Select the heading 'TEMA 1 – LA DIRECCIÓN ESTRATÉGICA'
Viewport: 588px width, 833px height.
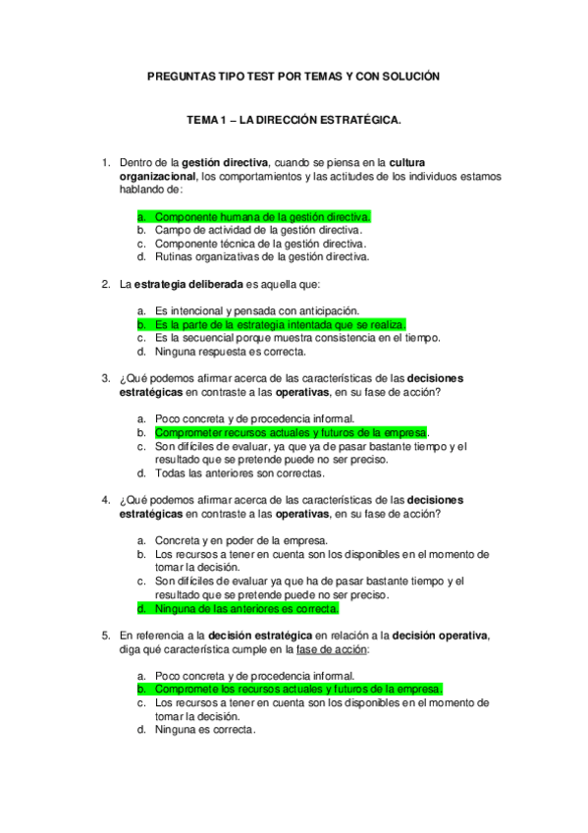coord(294,120)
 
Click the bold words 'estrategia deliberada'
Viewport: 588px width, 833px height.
coord(181,285)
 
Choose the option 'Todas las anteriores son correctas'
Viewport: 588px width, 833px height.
coord(240,472)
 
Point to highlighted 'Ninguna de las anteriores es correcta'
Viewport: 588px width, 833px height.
coord(246,609)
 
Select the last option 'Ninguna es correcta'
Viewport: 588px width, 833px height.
coord(205,730)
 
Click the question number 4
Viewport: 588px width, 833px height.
coord(105,500)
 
